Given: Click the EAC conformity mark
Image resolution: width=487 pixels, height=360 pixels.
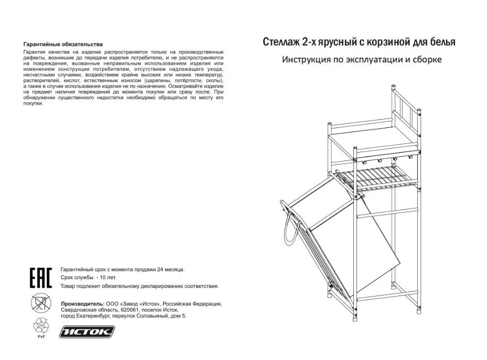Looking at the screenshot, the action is click(41, 277).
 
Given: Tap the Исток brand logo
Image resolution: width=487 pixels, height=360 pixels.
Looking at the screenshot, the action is click(87, 332).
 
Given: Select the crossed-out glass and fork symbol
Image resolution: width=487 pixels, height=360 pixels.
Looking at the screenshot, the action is click(41, 303).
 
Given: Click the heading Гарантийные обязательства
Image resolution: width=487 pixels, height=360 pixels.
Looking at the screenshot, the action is click(63, 44).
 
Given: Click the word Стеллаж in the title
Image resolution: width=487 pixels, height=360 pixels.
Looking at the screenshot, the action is click(281, 42).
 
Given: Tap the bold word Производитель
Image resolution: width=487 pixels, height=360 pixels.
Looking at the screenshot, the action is click(83, 304).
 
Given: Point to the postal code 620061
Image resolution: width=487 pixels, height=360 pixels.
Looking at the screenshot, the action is click(132, 310).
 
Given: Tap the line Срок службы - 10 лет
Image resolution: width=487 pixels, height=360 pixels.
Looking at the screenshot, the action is click(89, 277).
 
